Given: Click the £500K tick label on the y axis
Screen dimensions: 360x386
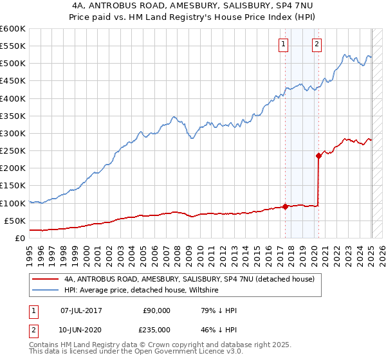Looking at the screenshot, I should [13, 64].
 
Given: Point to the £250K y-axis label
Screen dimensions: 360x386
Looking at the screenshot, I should [13, 150].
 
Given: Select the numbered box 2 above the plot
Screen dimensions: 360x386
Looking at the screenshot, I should [317, 44].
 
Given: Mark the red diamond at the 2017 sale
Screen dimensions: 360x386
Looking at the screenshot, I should [285, 206].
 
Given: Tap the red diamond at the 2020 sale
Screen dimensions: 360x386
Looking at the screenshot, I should [318, 156].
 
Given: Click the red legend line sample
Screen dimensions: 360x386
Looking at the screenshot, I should [45, 280].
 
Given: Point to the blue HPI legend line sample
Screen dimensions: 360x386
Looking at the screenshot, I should [45, 291].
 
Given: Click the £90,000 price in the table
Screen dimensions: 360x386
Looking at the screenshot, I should [156, 310].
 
